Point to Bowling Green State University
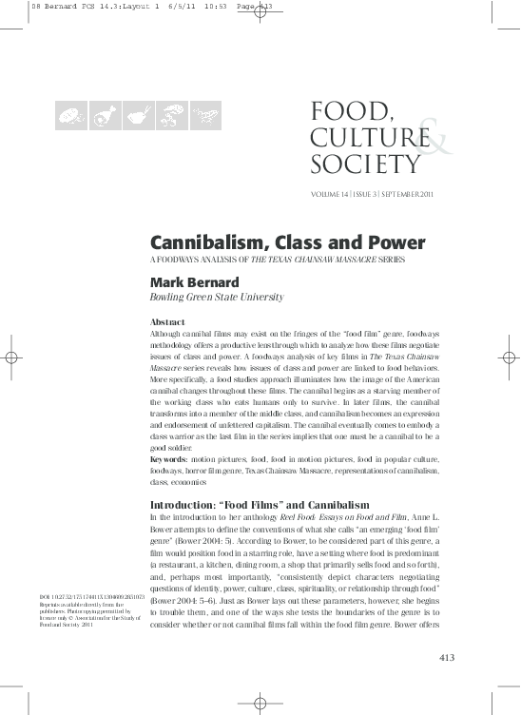[217, 297]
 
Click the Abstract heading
[168, 322]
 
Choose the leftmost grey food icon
[70, 118]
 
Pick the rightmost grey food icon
[201, 118]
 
